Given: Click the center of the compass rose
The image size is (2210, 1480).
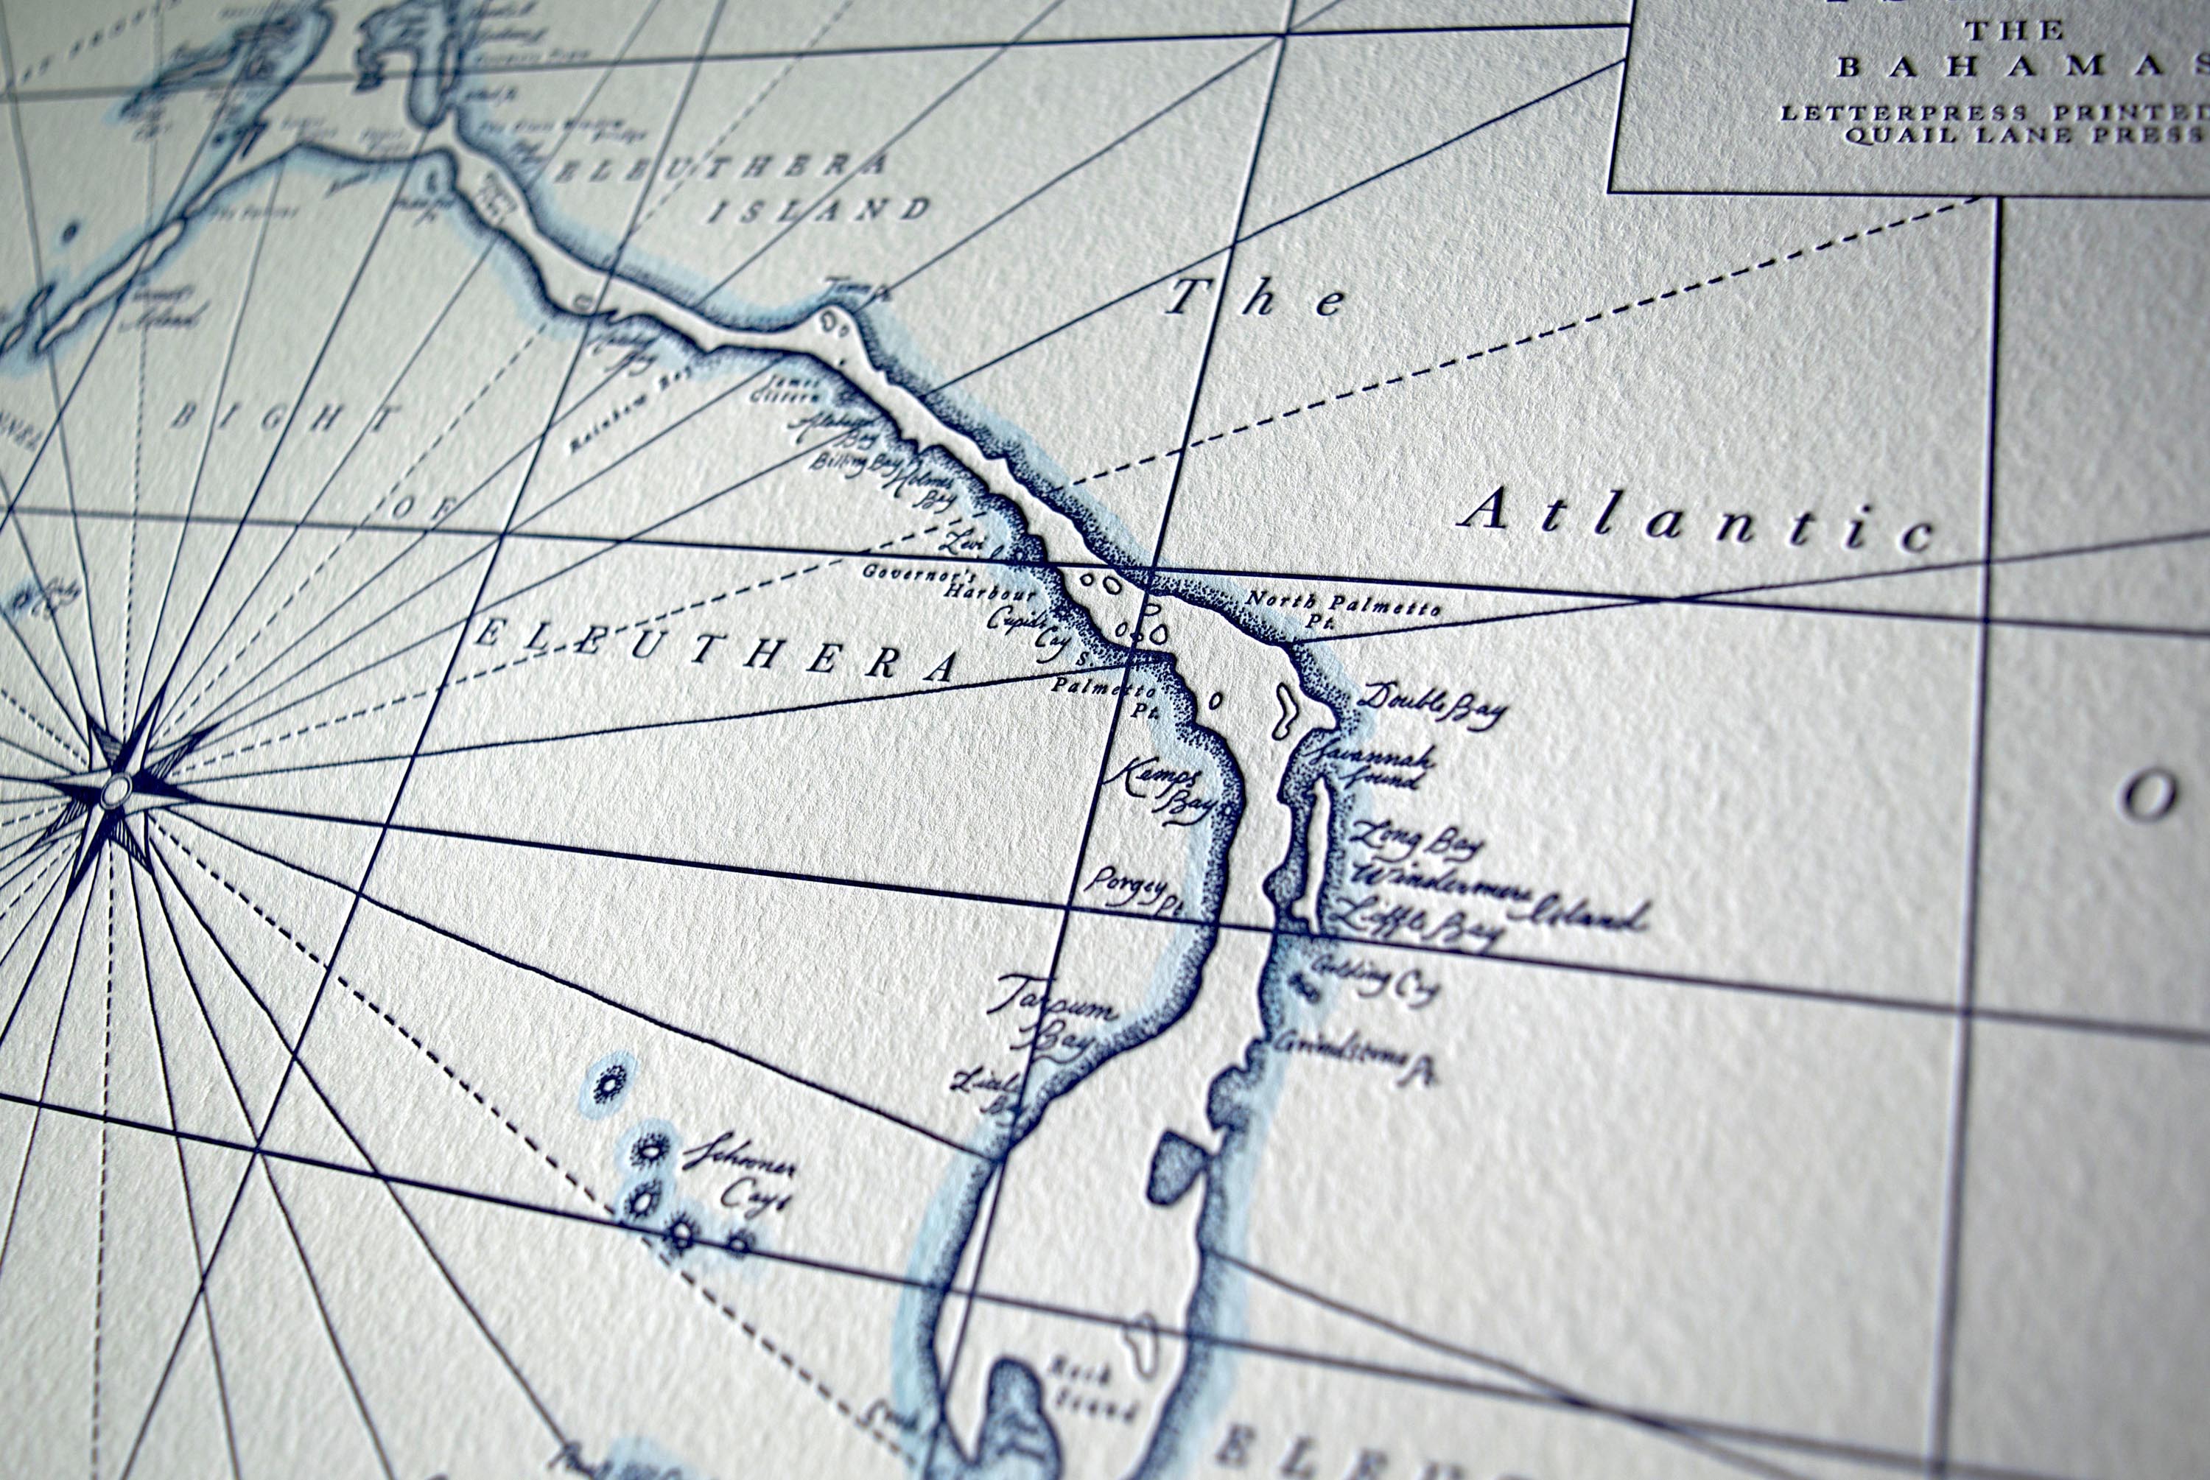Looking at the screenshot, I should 116,789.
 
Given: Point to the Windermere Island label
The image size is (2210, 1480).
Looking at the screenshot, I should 1501,897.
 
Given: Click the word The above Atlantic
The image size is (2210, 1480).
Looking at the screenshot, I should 1256,299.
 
